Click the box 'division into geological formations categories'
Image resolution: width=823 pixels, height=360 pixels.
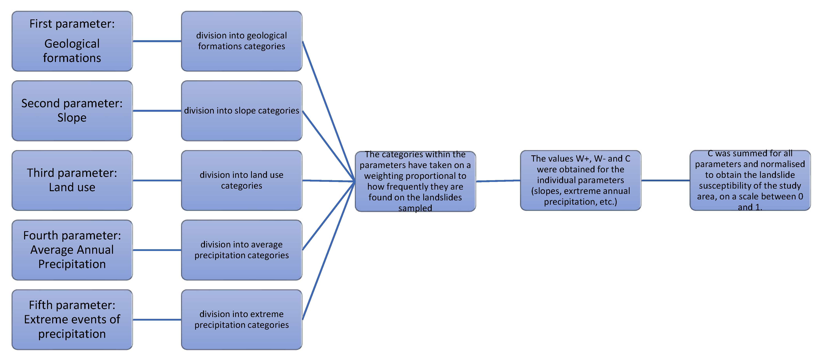pos(241,41)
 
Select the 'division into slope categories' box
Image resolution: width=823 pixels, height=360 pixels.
pos(241,111)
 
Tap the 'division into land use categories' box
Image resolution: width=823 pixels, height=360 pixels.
pos(241,180)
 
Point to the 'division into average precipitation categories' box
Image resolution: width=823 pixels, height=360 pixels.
pos(241,250)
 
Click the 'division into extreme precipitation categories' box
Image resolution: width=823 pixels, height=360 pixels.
pos(241,319)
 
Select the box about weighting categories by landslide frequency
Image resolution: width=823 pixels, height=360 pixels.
pos(415,181)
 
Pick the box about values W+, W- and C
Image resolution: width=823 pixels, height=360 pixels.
pos(581,180)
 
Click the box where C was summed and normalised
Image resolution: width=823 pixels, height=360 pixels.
pos(750,180)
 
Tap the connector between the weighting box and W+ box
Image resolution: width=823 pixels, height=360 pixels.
pos(498,181)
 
